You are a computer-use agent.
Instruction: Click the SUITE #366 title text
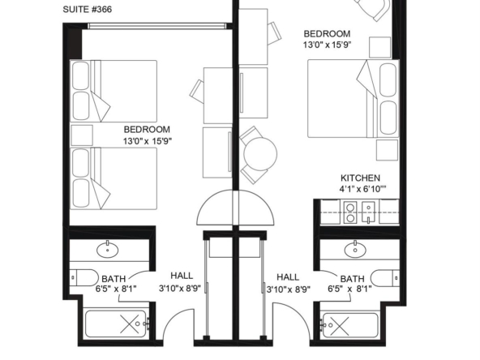pos(88,10)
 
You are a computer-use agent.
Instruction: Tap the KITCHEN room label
pos(360,178)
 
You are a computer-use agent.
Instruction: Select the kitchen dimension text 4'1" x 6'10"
pos(362,189)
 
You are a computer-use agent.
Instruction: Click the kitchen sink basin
pos(368,212)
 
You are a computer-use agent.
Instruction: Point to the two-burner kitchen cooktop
pos(350,212)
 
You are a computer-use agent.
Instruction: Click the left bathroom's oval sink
pos(108,250)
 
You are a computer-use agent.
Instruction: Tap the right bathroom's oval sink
pos(355,250)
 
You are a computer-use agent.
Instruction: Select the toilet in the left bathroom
pos(84,277)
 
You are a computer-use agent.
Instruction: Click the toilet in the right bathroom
pos(385,278)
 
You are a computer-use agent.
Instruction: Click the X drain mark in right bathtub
pos(340,326)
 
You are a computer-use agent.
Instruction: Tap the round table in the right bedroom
pos(260,154)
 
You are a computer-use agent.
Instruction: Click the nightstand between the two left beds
pos(82,135)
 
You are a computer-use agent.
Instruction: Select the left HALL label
pos(182,276)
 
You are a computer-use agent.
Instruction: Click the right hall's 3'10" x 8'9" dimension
pos(289,289)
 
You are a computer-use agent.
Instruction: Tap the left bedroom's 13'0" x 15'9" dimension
pos(148,141)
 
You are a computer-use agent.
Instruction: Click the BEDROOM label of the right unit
pos(327,34)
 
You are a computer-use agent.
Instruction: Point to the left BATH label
pos(114,279)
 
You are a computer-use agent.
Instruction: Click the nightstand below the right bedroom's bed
pos(387,150)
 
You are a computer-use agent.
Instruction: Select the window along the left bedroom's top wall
pos(156,26)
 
